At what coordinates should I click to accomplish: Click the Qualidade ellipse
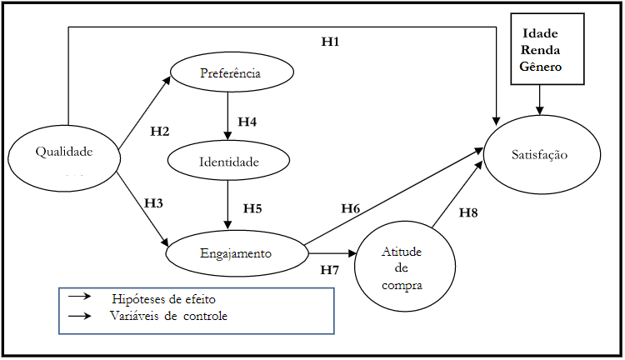pos(62,152)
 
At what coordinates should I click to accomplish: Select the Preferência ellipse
pos(231,73)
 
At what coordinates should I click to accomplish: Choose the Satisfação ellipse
pos(541,155)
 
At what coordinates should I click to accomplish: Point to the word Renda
pos(540,50)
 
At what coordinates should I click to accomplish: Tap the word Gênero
pos(540,67)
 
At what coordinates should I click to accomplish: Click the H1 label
pos(331,41)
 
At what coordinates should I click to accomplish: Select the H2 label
pos(160,131)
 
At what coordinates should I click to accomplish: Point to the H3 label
pos(154,202)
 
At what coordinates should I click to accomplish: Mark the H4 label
pos(247,122)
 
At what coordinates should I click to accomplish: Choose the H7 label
pos(329,269)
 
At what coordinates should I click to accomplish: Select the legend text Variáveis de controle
pos(168,316)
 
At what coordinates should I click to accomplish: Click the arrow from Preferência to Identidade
pos(227,116)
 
